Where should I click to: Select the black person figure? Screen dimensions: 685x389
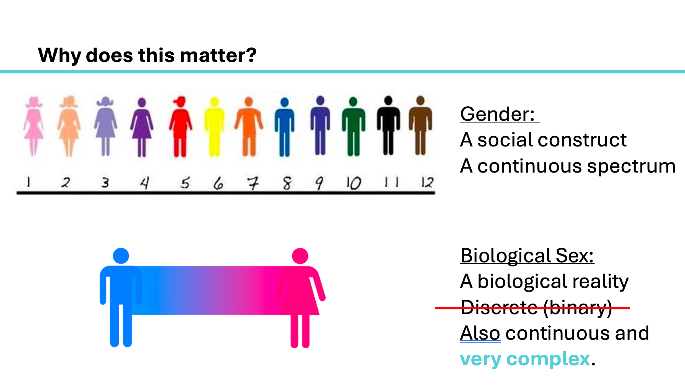click(388, 125)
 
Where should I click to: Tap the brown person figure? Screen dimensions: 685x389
click(420, 125)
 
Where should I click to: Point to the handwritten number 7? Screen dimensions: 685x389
click(253, 183)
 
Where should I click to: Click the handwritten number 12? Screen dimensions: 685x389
click(427, 182)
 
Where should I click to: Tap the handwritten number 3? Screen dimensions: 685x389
click(105, 182)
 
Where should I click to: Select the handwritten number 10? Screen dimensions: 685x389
click(353, 183)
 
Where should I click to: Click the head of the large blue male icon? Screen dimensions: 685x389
click(121, 256)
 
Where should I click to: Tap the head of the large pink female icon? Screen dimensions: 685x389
click(300, 256)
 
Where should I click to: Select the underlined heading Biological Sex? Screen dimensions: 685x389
click(527, 256)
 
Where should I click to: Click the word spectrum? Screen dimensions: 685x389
click(631, 167)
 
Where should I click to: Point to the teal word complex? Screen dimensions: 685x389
click(548, 359)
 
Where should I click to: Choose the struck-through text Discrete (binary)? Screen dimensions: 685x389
click(536, 308)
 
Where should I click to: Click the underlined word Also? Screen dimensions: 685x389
click(480, 333)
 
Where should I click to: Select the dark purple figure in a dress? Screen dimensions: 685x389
click(141, 127)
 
